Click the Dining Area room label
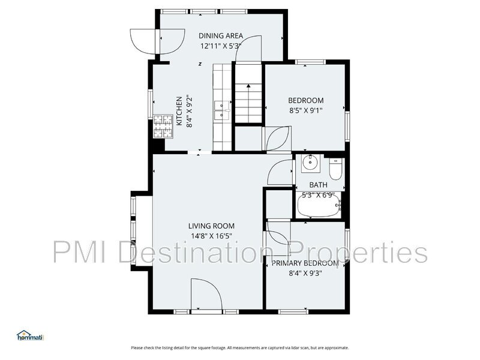[221, 36]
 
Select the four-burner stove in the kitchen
[163, 127]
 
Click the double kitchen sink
[222, 110]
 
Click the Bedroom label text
[306, 100]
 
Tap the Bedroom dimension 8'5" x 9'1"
[306, 110]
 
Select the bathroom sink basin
[311, 163]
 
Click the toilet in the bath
[335, 169]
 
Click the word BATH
[319, 185]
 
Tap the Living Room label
[211, 226]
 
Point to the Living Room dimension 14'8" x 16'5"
[211, 236]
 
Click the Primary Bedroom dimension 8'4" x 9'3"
[305, 273]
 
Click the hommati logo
[31, 335]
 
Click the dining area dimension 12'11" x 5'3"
[221, 46]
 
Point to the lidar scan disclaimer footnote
[240, 348]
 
